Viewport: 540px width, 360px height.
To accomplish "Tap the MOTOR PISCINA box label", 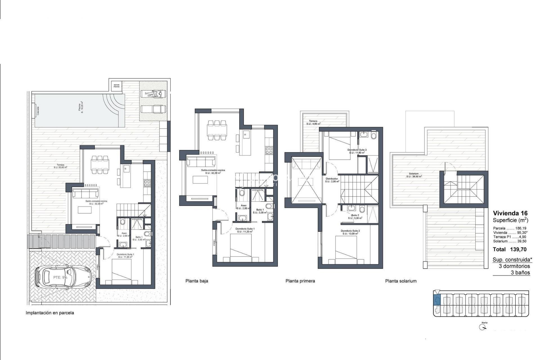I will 116,86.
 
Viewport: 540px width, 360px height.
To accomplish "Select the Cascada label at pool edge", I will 38,111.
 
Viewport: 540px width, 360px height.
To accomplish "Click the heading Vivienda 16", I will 510,213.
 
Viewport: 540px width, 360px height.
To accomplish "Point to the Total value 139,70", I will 518,249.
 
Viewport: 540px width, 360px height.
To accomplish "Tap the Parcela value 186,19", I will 521,228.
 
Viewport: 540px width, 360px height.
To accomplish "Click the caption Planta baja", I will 197,281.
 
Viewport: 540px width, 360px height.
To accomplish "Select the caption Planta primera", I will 300,281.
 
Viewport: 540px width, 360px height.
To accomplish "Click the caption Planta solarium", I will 401,281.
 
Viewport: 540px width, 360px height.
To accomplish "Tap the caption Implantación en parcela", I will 50,313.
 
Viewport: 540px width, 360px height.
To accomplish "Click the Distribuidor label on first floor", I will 332,180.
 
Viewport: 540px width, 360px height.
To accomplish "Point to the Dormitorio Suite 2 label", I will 350,232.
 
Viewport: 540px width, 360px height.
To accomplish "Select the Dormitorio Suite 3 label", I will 357,151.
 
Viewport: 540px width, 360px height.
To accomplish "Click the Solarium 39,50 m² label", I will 414,175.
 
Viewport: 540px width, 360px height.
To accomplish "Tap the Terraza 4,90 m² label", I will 313,122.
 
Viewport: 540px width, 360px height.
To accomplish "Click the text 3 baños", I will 520,273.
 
